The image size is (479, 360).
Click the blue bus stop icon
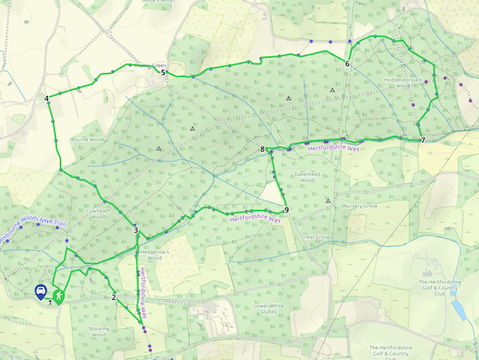(x=40, y=293)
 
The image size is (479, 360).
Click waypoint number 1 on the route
(x=51, y=302)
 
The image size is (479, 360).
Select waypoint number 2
(x=113, y=297)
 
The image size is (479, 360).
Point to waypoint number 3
(x=136, y=230)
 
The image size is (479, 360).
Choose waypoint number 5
(x=163, y=74)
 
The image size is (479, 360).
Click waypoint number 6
(x=347, y=65)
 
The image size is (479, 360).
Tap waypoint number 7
(x=422, y=140)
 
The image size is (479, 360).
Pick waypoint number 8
(x=261, y=150)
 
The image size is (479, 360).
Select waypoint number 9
(x=286, y=208)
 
